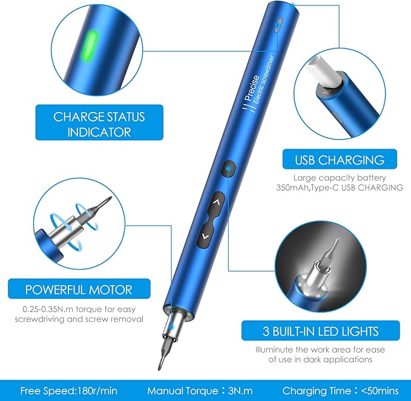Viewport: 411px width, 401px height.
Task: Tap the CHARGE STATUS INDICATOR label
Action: [x=99, y=123]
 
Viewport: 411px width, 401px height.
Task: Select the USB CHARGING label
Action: [x=340, y=160]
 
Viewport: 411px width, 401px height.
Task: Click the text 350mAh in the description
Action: [x=307, y=188]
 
